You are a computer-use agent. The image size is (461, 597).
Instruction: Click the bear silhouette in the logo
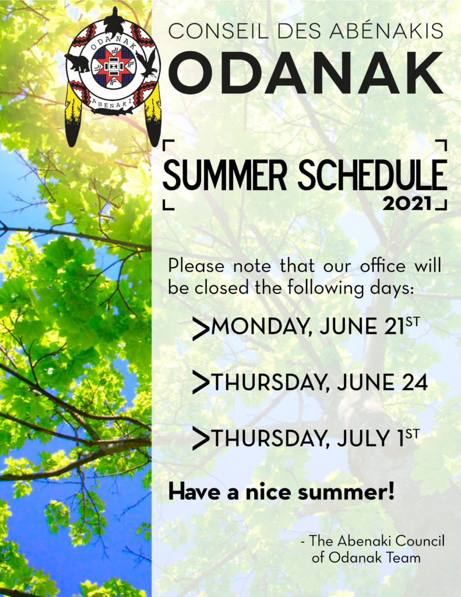tap(78, 64)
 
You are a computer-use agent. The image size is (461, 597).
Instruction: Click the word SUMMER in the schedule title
tap(224, 175)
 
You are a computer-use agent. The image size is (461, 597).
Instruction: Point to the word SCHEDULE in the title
tap(372, 175)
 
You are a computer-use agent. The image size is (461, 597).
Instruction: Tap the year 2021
tap(407, 203)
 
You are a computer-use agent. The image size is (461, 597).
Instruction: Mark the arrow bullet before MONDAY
tap(200, 328)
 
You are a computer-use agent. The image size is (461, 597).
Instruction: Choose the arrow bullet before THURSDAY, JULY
tap(200, 438)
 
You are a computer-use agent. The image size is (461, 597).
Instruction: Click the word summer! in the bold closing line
tap(346, 492)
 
